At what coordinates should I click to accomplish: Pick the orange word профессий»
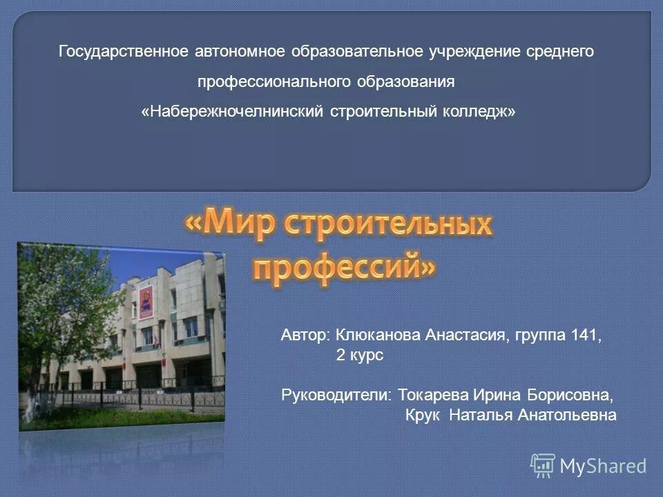coord(344,266)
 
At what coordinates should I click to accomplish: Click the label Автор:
coord(306,335)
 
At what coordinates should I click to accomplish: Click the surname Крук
coord(423,416)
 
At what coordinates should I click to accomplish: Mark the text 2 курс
coord(359,355)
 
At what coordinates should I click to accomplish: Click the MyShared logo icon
coord(543,466)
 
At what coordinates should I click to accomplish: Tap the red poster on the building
coord(146,302)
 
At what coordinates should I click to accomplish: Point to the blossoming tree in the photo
coord(66,304)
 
